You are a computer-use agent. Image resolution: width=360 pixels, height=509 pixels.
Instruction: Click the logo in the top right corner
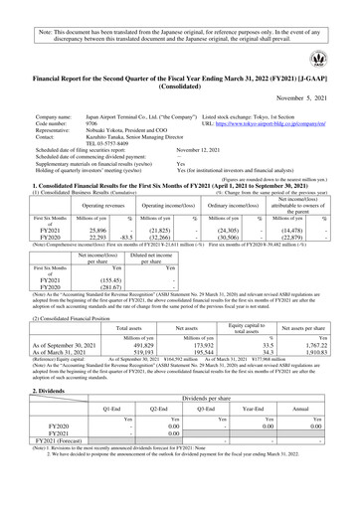pos(330,59)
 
